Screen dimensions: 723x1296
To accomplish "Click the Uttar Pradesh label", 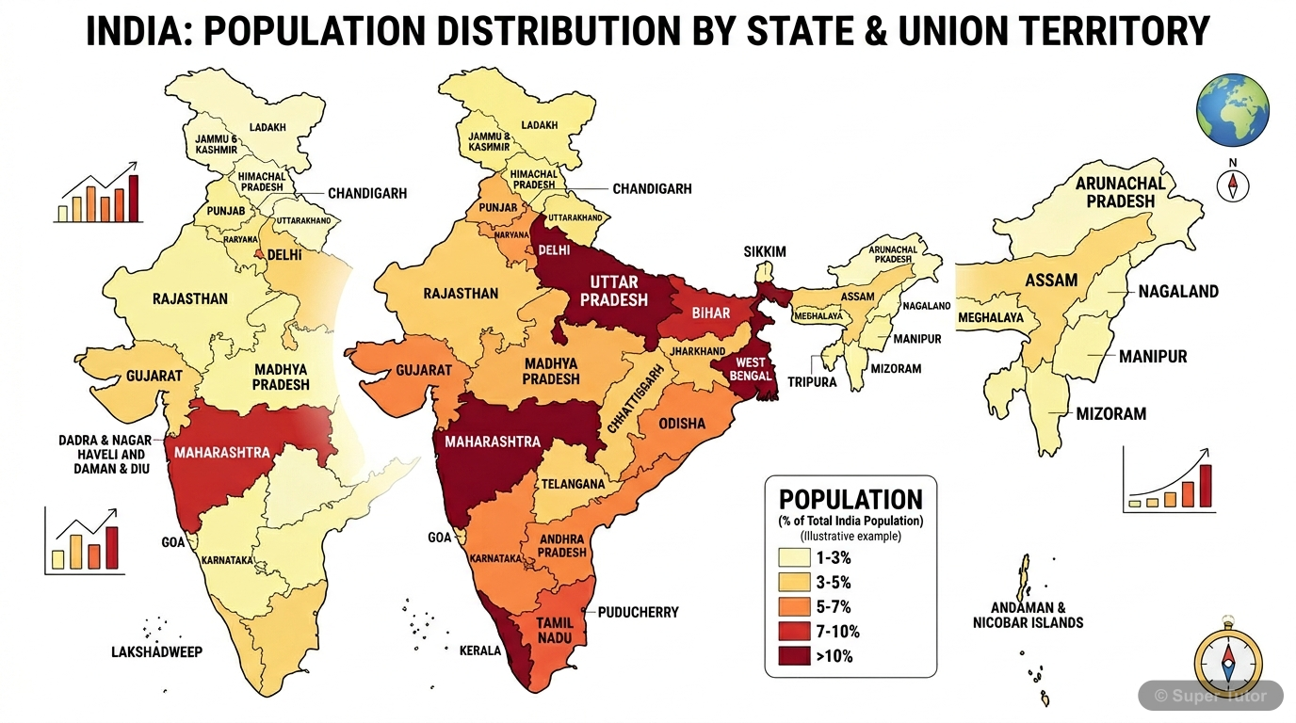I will pos(613,291).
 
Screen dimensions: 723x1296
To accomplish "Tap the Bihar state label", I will pos(711,313).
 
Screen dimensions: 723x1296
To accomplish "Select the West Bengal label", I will pos(750,369).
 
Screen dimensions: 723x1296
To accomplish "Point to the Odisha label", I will pos(681,423).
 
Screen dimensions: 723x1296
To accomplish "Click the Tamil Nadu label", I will pos(555,631).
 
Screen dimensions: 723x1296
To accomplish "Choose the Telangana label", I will pos(573,484).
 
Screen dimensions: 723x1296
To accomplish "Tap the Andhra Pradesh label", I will pos(561,546).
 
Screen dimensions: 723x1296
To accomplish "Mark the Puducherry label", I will pos(638,612).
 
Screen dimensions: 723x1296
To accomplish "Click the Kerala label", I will pos(479,651).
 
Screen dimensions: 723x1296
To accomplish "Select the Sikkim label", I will pos(764,251).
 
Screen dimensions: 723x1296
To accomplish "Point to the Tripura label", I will pos(813,382).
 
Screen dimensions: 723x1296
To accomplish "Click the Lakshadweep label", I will pos(156,651).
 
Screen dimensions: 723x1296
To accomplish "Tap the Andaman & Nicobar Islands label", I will pos(1029,615).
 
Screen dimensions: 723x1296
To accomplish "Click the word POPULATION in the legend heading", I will pos(850,500).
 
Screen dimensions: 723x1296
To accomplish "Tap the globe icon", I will pos(1232,110).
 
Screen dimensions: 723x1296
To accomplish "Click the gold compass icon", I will pos(1227,658).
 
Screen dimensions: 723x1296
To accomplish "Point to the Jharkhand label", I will pos(698,351).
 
